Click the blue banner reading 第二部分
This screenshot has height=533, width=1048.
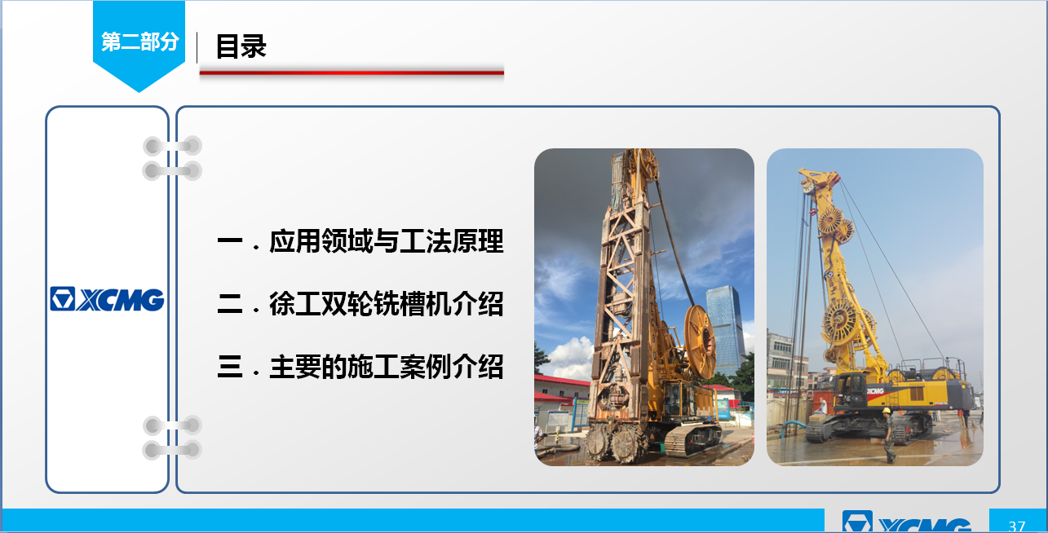139,44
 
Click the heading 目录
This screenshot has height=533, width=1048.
241,46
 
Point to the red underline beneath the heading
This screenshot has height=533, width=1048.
352,73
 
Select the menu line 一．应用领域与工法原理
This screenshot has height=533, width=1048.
360,241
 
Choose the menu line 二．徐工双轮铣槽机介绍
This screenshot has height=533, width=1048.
360,304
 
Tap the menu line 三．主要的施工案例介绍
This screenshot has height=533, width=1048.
360,367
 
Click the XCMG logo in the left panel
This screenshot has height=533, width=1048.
107,299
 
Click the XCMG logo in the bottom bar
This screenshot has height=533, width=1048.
907,522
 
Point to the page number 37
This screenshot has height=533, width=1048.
1017,526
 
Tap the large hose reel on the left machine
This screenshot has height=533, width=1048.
700,341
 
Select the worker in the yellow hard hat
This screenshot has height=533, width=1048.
888,435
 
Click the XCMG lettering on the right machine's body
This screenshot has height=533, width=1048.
874,391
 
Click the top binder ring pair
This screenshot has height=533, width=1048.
172,158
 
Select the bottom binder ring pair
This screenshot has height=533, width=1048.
172,438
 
